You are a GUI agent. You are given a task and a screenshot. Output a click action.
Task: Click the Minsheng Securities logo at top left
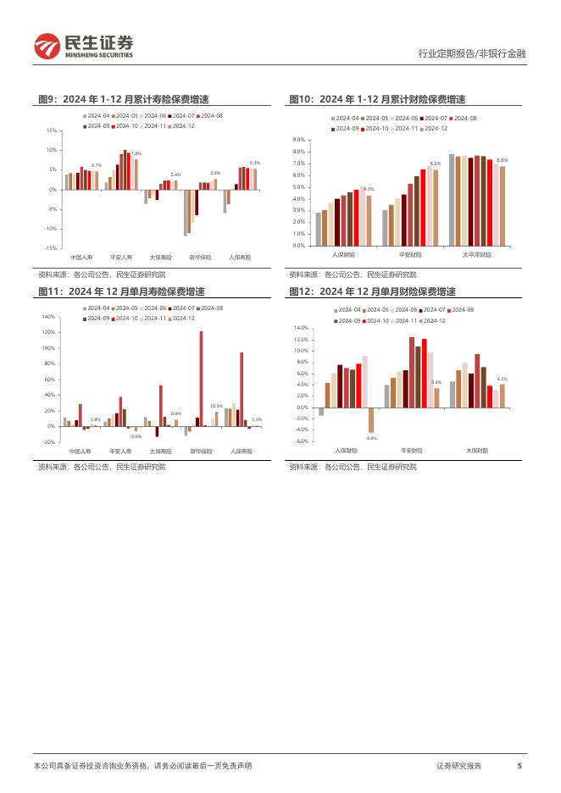82,46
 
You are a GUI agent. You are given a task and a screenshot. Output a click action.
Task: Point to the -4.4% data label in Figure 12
371,438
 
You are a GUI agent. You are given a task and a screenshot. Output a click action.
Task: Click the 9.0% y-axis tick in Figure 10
299,139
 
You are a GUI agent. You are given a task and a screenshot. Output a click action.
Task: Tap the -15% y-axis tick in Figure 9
52,248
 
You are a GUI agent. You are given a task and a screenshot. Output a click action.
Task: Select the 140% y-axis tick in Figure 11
48,316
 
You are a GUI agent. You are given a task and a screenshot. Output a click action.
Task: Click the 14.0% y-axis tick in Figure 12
300,327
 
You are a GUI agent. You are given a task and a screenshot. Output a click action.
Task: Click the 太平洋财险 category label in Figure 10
477,254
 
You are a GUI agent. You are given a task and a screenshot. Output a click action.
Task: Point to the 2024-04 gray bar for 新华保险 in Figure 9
186,213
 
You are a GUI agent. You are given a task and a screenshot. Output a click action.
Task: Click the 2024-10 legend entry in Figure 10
373,128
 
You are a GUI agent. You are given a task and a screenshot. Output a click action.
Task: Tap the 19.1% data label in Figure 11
216,406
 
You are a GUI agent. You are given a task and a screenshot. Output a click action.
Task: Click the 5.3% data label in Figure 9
254,163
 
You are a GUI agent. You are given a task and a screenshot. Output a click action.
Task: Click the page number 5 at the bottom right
519,765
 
